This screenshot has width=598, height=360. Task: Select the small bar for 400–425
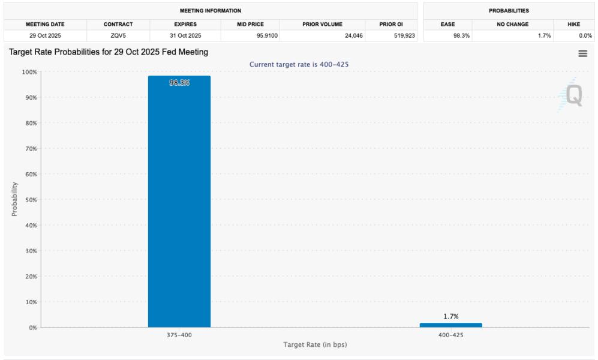point(450,325)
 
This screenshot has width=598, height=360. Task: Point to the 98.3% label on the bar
point(179,83)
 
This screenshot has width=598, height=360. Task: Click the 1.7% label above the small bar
point(450,316)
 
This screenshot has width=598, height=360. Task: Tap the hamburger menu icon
point(582,53)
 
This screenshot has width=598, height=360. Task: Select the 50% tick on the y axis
point(29,200)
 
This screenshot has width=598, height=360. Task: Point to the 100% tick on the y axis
point(29,72)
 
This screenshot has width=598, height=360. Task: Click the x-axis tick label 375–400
point(179,335)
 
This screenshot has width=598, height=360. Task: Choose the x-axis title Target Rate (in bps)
point(315,345)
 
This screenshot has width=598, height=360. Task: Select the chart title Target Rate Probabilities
point(109,52)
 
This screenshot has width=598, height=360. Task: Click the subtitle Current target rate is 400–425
point(298,64)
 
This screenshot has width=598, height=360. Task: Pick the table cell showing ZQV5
point(118,36)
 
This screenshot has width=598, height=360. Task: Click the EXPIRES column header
point(184,25)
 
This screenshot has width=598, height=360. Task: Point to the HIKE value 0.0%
point(584,36)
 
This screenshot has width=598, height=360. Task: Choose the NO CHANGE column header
point(512,25)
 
